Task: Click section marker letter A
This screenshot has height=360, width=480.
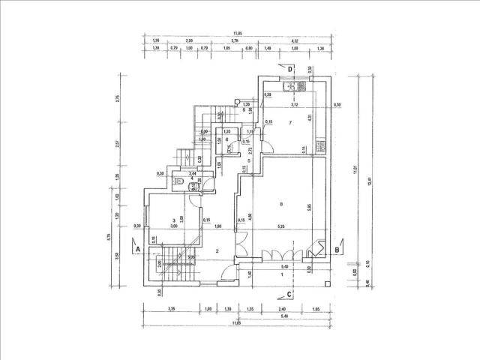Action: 137,248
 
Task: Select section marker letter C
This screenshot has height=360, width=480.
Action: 289,293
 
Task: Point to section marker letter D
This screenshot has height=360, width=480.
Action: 290,69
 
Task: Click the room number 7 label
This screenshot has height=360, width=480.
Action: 289,121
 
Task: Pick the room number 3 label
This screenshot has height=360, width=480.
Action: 173,220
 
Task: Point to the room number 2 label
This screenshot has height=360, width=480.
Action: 217,250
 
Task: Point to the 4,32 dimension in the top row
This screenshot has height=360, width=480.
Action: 295,40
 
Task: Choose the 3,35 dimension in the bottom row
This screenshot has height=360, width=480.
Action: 172,307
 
